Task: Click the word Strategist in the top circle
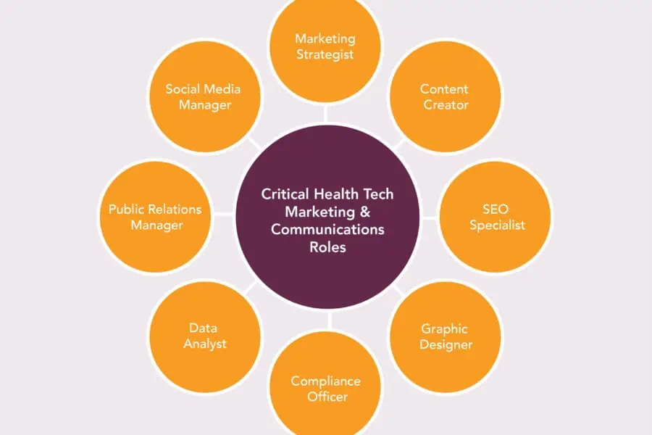[325, 55]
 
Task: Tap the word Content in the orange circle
[444, 89]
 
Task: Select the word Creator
[446, 105]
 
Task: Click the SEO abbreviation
[496, 209]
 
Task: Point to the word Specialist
[497, 225]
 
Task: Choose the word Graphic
[445, 329]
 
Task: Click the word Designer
[446, 345]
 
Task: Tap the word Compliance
[325, 382]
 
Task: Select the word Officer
[327, 397]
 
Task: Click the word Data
[203, 328]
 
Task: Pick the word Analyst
[205, 344]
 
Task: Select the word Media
[222, 89]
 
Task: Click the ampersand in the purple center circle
[364, 212]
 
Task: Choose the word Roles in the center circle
[327, 247]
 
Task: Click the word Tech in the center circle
[378, 194]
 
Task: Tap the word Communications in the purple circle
[327, 230]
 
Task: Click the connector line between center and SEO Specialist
[430, 217]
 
